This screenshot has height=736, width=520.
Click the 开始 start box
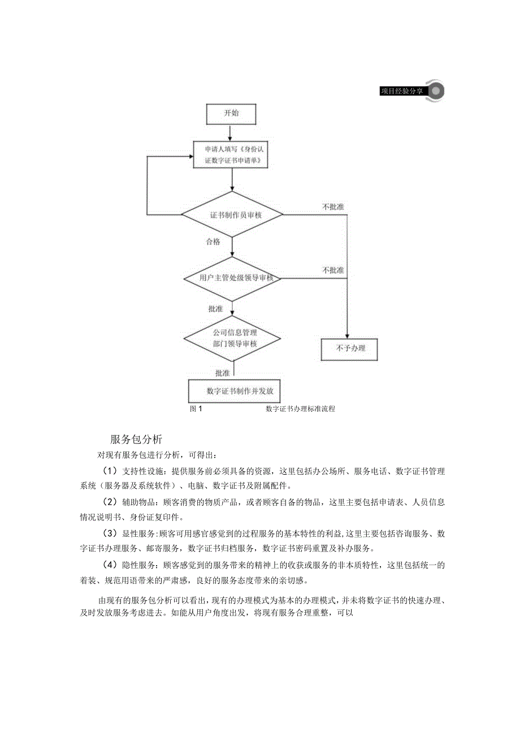click(231, 113)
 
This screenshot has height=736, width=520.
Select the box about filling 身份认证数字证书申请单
click(232, 155)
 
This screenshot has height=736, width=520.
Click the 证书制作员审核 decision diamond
click(232, 215)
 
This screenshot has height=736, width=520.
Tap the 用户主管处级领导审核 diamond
click(232, 278)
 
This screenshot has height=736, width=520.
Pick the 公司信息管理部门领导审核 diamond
click(232, 339)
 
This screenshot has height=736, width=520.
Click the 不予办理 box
click(349, 349)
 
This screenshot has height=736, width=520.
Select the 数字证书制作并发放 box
click(234, 391)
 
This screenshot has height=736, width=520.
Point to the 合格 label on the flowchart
click(213, 242)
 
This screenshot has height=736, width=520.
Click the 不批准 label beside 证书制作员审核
click(333, 207)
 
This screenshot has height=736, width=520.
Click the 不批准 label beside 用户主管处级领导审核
click(333, 270)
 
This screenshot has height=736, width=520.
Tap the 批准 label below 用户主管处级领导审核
click(215, 309)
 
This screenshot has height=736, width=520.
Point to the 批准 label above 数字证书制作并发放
click(222, 373)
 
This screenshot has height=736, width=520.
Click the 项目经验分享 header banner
click(402, 91)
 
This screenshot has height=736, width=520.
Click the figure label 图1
click(197, 408)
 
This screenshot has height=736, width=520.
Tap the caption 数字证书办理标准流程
click(300, 408)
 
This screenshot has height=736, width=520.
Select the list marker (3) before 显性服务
click(110, 533)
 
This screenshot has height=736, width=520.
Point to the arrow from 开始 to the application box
click(231, 132)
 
